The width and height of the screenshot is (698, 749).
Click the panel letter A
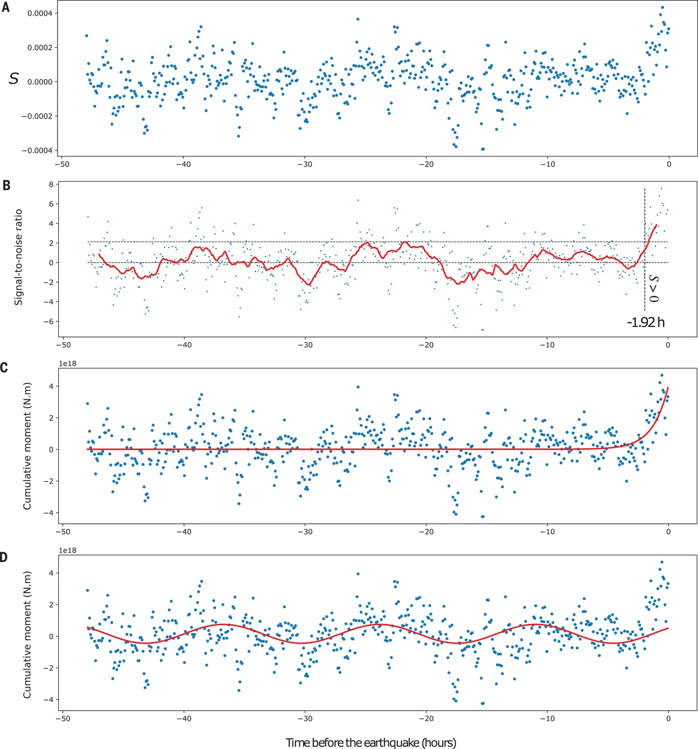[x=5, y=8]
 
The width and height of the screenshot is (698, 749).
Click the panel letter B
[x=5, y=186]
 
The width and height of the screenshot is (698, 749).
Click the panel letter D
[x=4, y=558]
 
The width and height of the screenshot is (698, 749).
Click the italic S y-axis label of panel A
[x=14, y=79]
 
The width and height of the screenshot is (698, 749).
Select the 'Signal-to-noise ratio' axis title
[x=18, y=257]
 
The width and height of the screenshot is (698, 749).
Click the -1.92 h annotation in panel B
[x=646, y=322]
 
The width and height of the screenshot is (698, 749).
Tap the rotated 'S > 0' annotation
[x=654, y=288]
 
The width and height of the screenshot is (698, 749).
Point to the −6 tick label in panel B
[x=48, y=322]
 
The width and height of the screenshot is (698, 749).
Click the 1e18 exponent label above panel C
[x=68, y=364]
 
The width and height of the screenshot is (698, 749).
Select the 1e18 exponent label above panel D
[x=68, y=551]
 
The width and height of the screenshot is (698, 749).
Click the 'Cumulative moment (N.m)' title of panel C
[x=27, y=446]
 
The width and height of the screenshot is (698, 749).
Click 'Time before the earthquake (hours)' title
[x=371, y=742]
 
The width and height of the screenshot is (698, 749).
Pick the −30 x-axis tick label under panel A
[x=305, y=165]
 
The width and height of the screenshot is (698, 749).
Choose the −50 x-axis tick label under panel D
[x=62, y=718]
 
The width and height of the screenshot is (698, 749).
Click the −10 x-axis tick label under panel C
[x=547, y=531]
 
